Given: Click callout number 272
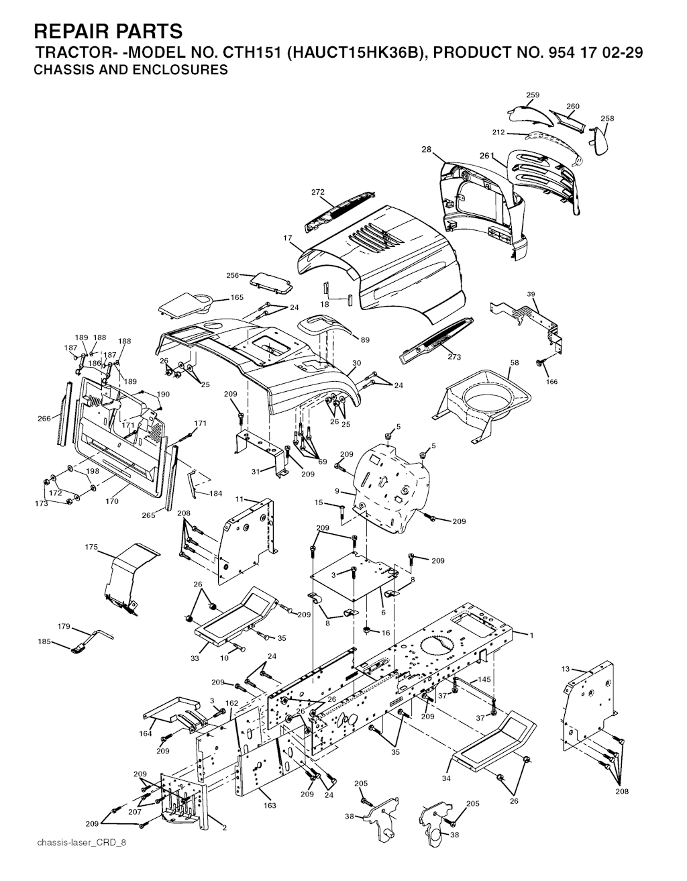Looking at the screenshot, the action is coord(318,192).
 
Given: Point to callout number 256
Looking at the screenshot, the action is coord(233,275).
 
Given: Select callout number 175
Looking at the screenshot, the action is coord(91,547).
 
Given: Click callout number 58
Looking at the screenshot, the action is coord(515,363).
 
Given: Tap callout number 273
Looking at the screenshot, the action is coord(454,357).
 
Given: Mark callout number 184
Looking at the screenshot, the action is coord(216,493).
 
